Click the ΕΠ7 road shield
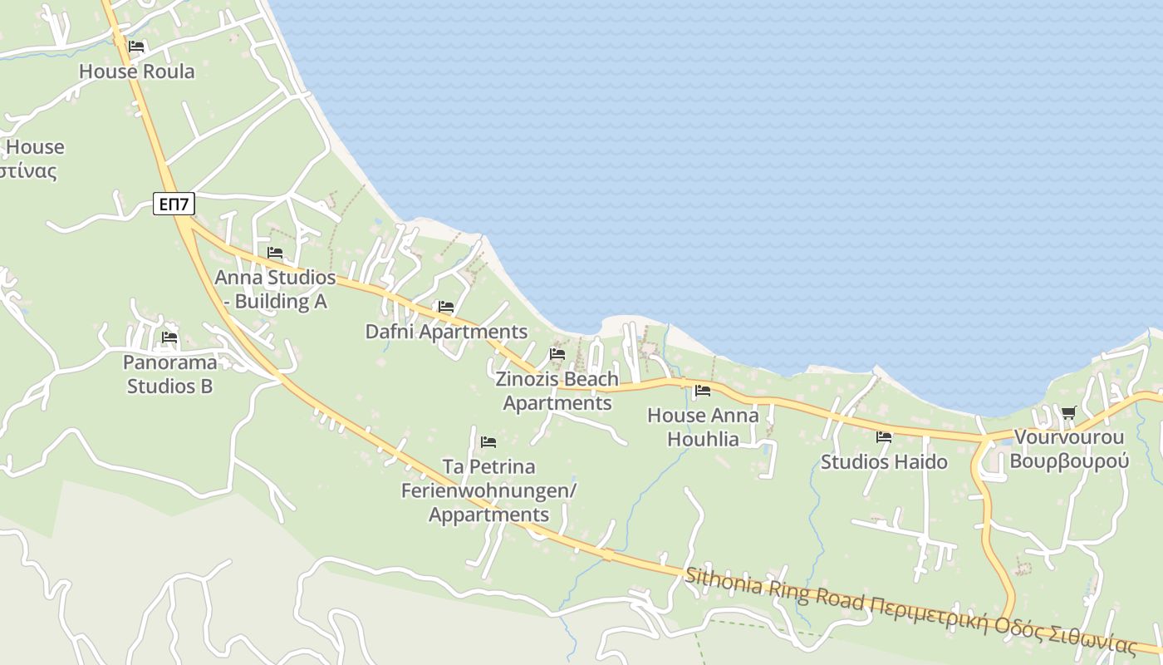coord(174,204)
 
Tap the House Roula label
coord(137,71)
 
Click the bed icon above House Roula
coord(136,47)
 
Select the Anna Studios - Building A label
coord(275,289)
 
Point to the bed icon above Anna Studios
coord(275,253)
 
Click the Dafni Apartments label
coord(446,332)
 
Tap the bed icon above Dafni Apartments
coord(446,307)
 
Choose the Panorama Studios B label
coord(169,374)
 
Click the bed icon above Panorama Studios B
coord(169,337)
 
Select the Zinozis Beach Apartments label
coord(557,391)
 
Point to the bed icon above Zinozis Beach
coord(557,354)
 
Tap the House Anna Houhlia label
coord(703,426)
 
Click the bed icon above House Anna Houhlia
coord(703,390)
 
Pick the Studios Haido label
coord(884,461)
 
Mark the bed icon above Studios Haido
coord(884,436)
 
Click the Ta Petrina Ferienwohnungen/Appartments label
coord(488,490)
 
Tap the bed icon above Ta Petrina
coord(488,441)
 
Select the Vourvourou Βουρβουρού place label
coord(1069,449)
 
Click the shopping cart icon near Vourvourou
coord(1069,412)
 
